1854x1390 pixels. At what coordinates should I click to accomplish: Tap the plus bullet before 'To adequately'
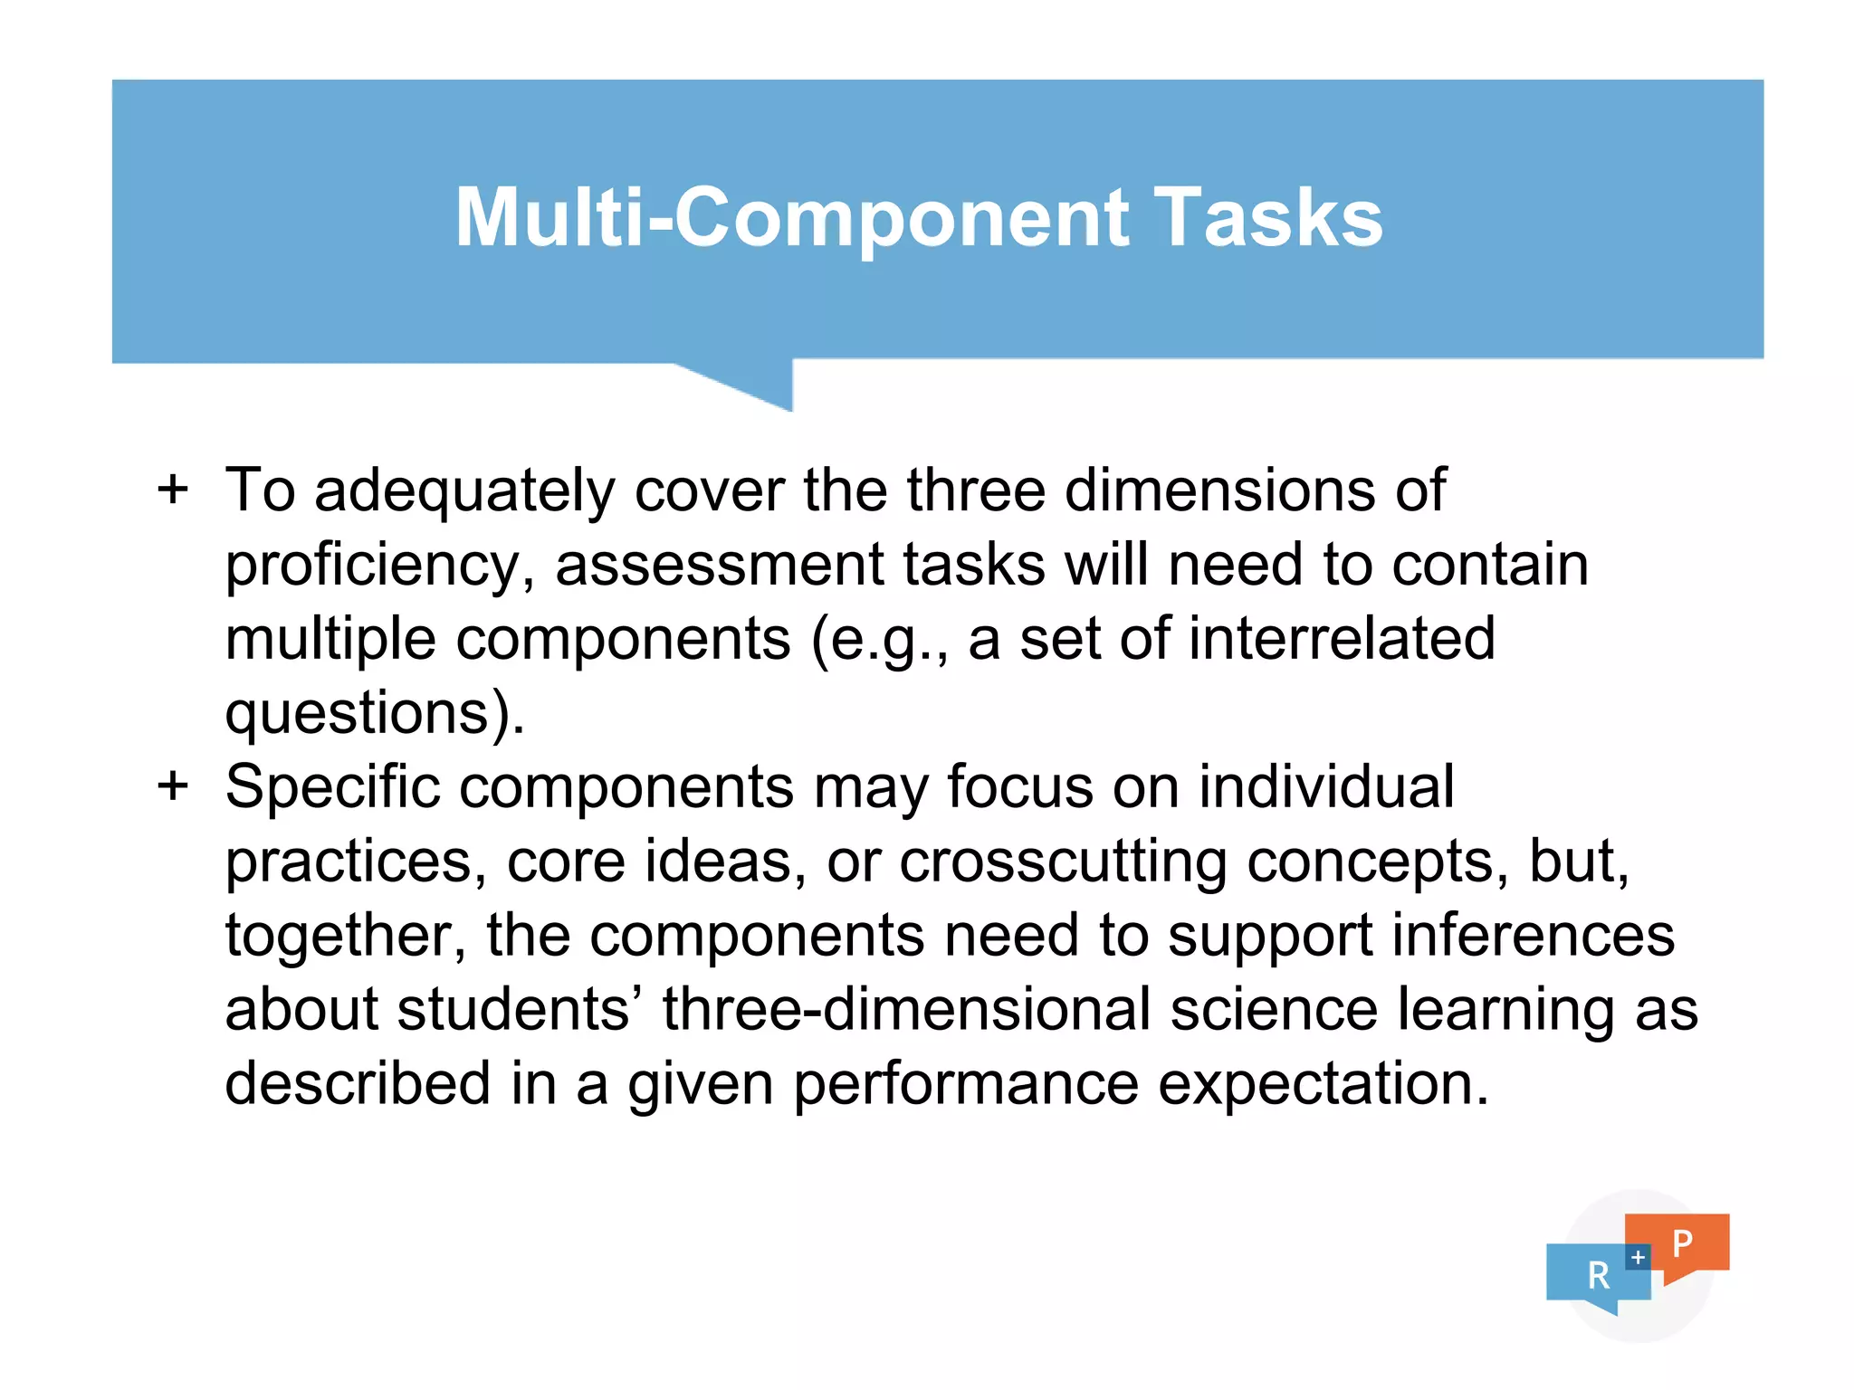click(x=173, y=490)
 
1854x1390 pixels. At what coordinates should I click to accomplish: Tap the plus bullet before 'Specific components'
click(x=173, y=785)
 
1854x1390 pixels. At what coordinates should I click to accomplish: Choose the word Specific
click(x=332, y=786)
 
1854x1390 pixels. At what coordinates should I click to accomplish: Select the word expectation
click(x=1323, y=1084)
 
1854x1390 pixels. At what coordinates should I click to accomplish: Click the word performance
click(x=966, y=1084)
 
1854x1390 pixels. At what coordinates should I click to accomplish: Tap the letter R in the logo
click(x=1599, y=1276)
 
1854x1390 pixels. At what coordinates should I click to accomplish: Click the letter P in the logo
click(x=1682, y=1243)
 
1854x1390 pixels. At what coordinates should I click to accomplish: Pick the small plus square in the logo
click(x=1638, y=1257)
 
